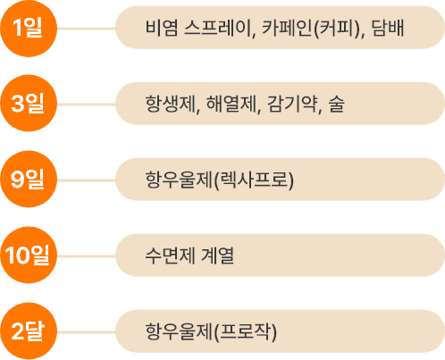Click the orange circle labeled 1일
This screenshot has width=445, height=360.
click(29, 29)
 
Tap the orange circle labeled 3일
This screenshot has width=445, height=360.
click(29, 104)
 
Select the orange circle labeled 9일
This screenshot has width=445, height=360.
click(29, 180)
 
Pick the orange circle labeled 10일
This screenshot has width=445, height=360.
click(29, 255)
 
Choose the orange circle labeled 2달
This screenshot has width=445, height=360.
click(29, 331)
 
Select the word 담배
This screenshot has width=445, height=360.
click(388, 28)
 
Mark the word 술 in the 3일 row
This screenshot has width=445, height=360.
click(336, 104)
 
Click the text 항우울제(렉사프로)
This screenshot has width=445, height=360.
click(220, 180)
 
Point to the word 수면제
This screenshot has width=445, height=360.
click(170, 255)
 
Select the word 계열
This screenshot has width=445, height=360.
click(218, 255)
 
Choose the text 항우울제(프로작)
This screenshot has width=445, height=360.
click(211, 331)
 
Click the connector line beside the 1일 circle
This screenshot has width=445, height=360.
click(87, 29)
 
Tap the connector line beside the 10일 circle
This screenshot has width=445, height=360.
click(87, 256)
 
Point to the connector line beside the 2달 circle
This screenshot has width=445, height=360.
click(87, 332)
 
